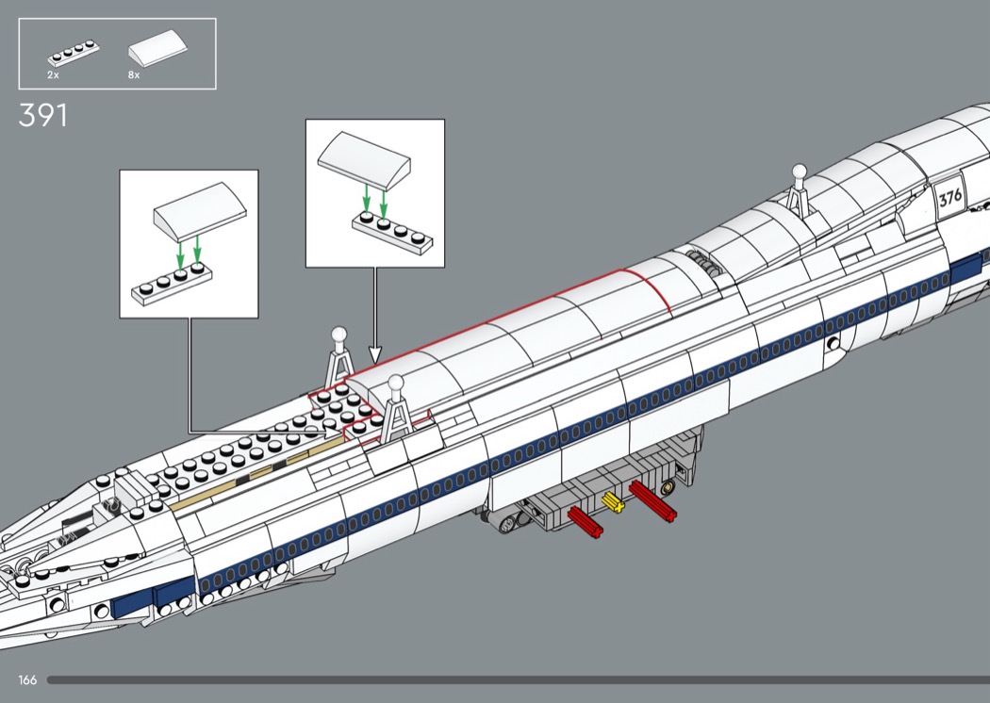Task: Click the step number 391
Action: click(x=42, y=116)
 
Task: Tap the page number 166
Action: click(x=26, y=679)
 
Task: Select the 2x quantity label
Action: click(x=54, y=74)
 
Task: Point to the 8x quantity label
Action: click(x=133, y=74)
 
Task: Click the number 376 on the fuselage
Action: click(x=949, y=198)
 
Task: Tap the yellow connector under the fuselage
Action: click(x=615, y=503)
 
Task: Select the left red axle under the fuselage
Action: click(x=586, y=522)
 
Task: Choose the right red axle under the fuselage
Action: click(x=653, y=500)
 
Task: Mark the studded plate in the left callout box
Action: click(x=173, y=283)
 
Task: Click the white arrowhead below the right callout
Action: click(x=374, y=355)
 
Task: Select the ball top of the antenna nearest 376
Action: click(x=800, y=172)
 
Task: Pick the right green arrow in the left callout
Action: click(x=197, y=253)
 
